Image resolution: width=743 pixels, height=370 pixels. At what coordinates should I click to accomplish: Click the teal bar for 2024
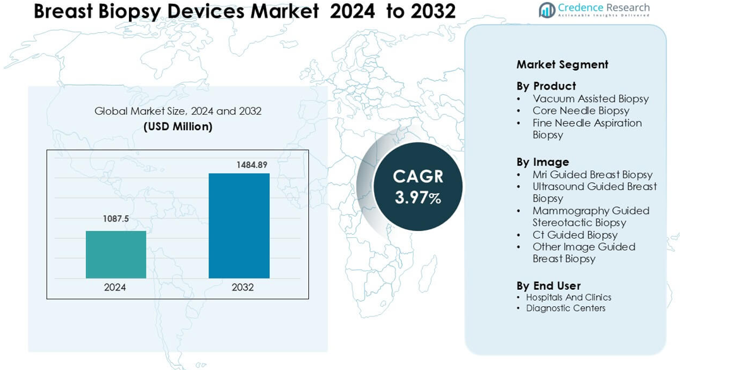coord(116,254)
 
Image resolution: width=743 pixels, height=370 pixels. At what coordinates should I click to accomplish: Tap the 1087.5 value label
coord(116,219)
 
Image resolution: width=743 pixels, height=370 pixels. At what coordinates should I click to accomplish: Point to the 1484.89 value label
coord(251,165)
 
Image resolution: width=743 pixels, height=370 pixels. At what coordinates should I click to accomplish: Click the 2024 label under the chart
coord(115,287)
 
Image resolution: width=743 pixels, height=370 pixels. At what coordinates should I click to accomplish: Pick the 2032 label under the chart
coord(242,287)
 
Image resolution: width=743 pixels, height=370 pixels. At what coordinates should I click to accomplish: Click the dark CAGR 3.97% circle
coord(418,187)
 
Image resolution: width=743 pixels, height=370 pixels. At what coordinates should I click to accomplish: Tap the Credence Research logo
coord(594,9)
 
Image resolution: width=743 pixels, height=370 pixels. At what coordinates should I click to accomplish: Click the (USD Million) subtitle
coord(178,126)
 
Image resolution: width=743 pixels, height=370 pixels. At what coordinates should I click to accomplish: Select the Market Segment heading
coord(562,64)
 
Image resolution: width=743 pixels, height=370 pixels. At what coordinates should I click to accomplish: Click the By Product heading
coord(546,86)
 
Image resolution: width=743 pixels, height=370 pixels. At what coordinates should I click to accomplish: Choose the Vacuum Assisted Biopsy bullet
coord(590,98)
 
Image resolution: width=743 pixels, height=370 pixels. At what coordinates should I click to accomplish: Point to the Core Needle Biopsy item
coord(581,110)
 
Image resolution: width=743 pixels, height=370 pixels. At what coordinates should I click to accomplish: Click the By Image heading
coord(543,162)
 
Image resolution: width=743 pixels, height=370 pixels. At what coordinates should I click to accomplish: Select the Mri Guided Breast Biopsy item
coord(592,174)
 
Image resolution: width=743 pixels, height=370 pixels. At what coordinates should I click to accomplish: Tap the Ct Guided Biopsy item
coord(575,235)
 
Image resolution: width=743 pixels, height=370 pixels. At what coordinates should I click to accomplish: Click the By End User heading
coord(548,285)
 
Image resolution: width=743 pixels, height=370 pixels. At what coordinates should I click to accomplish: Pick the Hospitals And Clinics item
coord(569,297)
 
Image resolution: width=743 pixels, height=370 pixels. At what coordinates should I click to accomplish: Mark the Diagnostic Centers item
coord(565,308)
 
